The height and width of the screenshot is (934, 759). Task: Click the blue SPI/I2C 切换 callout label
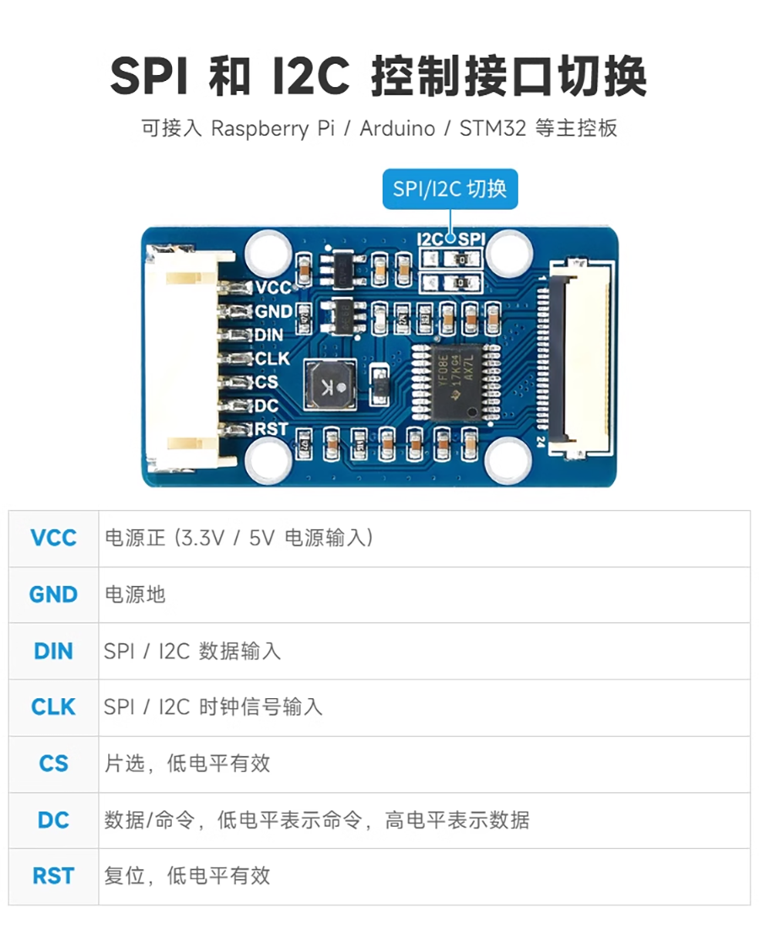click(x=449, y=189)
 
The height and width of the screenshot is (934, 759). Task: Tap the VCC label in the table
click(x=53, y=538)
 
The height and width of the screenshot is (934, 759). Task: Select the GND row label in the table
click(x=53, y=594)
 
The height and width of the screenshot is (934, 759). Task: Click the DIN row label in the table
click(x=53, y=651)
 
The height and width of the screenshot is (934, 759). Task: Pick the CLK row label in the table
click(x=53, y=707)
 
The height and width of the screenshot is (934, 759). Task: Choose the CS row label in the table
click(x=53, y=764)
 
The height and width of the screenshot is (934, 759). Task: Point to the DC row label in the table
click(x=53, y=820)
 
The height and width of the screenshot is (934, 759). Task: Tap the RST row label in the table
click(x=53, y=877)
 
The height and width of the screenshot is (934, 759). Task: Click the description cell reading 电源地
click(x=135, y=594)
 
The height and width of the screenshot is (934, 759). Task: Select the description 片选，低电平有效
click(x=187, y=764)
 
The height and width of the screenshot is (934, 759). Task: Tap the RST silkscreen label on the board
click(x=271, y=429)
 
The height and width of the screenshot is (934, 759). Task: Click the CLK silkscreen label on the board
click(x=272, y=358)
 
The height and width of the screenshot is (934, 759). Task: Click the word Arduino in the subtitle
click(x=397, y=128)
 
